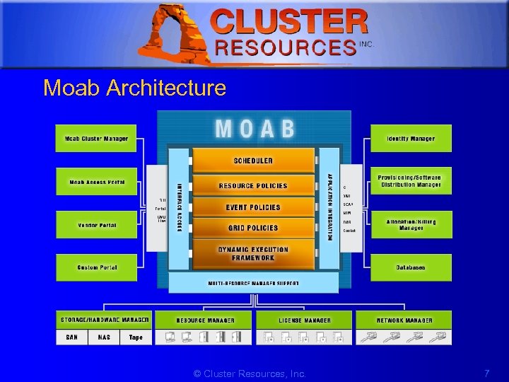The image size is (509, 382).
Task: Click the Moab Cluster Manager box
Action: pyautogui.click(x=96, y=139)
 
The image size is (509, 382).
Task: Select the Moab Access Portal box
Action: pyautogui.click(x=96, y=182)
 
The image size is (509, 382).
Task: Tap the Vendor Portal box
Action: pyautogui.click(x=96, y=225)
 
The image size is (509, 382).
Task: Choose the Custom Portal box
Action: pyautogui.click(x=96, y=267)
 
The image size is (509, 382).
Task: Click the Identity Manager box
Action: pyautogui.click(x=411, y=139)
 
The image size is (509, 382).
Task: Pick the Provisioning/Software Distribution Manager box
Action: pyautogui.click(x=411, y=181)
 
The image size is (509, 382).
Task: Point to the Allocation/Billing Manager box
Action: pyautogui.click(x=411, y=224)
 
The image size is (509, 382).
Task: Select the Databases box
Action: pyautogui.click(x=411, y=267)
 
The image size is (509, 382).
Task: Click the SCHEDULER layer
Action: pyautogui.click(x=253, y=161)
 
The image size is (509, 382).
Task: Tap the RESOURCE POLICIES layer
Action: pyautogui.click(x=253, y=185)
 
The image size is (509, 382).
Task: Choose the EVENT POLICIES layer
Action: pyautogui.click(x=253, y=207)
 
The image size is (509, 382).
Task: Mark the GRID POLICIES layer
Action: pyautogui.click(x=253, y=228)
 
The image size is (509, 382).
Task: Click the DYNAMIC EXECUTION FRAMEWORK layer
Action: pyautogui.click(x=253, y=253)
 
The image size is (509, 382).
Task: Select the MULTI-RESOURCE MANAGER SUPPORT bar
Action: pyautogui.click(x=253, y=283)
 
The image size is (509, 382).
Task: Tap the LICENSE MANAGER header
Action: pyautogui.click(x=304, y=320)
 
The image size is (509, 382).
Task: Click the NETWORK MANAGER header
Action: pyautogui.click(x=404, y=320)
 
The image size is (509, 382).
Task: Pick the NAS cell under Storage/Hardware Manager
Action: pyautogui.click(x=104, y=337)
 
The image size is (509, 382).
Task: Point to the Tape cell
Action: pyautogui.click(x=136, y=337)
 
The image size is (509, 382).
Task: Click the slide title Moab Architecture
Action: pyautogui.click(x=134, y=88)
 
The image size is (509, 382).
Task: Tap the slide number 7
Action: pyautogui.click(x=486, y=373)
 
